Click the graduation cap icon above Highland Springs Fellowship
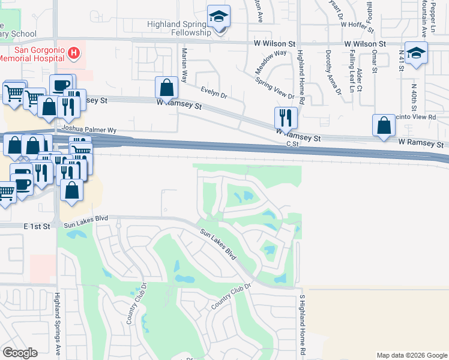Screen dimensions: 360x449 (219, 17)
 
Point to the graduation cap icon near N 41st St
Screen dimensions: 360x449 (415, 53)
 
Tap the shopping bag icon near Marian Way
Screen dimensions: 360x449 (166, 88)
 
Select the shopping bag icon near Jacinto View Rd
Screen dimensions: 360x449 (384, 125)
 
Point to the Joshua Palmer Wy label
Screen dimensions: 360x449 (88, 130)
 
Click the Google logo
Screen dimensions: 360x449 (20, 353)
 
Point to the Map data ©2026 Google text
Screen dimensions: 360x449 (411, 355)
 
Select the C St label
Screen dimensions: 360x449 (292, 144)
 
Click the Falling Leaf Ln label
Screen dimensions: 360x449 (352, 66)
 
